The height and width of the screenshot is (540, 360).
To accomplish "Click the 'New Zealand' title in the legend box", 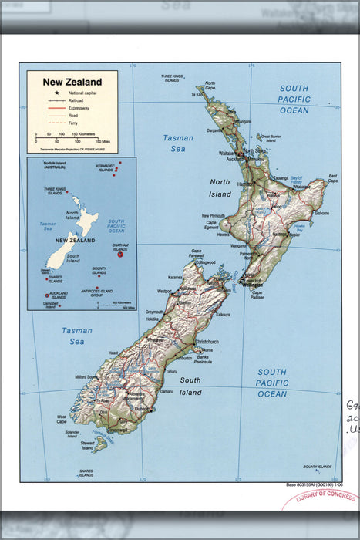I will point(72,82).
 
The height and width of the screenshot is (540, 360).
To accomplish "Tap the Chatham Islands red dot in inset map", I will point(119,254).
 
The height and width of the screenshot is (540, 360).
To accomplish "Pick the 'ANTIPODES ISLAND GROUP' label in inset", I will point(107,292).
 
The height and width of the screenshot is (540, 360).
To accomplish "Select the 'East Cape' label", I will point(332,177).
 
